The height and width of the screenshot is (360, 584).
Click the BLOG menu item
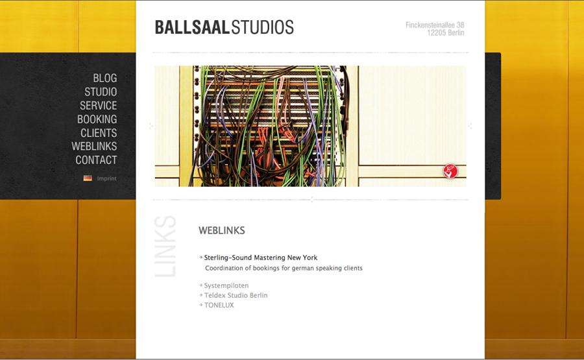(105, 78)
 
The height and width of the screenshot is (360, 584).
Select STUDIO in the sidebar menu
(101, 92)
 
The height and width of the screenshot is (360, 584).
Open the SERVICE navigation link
(99, 106)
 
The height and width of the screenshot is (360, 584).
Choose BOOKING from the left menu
(97, 119)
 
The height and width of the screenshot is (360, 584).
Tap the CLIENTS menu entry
(99, 133)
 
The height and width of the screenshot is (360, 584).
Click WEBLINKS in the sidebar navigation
(94, 147)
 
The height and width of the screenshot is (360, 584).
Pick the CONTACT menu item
(96, 160)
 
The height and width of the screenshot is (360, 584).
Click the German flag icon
(88, 178)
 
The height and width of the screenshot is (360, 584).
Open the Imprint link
(106, 178)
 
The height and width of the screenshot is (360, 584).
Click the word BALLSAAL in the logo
(192, 27)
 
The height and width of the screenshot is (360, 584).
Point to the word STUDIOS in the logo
(263, 27)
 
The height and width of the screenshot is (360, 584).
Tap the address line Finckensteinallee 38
(435, 25)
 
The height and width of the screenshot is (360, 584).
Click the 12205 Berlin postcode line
(445, 33)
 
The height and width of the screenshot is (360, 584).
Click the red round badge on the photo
(450, 171)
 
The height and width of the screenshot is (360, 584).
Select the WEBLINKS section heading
(222, 230)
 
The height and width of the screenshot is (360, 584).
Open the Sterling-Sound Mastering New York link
(261, 258)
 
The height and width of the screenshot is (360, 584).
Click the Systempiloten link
(226, 285)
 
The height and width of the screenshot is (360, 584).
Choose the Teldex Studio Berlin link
(236, 295)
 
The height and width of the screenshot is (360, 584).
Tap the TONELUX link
(219, 306)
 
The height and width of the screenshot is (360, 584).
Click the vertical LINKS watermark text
(165, 246)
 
